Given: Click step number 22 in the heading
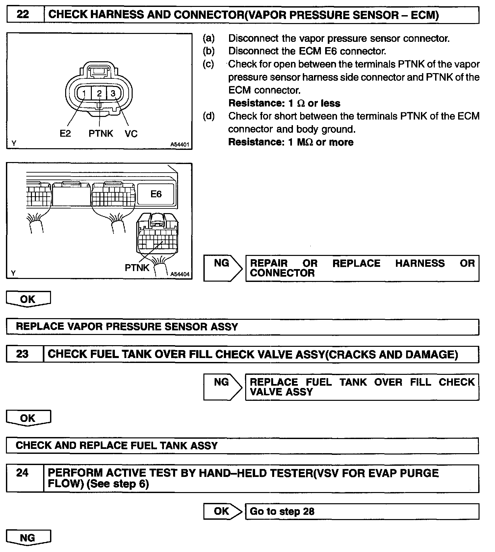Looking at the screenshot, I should point(22,15).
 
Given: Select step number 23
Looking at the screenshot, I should point(22,354).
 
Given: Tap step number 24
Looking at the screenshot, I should point(22,473).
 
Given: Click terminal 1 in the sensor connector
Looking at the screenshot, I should point(84,94).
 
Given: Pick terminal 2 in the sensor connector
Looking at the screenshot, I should point(99,94).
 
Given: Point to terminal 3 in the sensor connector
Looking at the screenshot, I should point(113,94).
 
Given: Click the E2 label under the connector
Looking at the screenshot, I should point(65,133).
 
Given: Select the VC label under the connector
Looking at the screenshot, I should point(131,133).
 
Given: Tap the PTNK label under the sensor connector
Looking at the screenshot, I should point(101,133).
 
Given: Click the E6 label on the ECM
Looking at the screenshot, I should point(156,194).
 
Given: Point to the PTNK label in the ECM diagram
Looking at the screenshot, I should point(137,268).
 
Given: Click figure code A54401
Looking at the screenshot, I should point(180,145).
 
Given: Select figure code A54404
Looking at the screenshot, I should point(180,274).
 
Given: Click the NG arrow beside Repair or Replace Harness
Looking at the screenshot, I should point(222,268).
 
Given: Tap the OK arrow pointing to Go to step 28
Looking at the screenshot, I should point(222,511).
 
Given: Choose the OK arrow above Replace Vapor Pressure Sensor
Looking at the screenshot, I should point(28,299).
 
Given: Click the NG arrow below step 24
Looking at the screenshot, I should point(28,538).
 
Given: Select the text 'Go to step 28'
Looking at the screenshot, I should point(282,511).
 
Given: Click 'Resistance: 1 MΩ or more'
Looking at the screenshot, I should point(291,142).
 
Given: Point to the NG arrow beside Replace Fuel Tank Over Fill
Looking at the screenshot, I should point(222,387).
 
